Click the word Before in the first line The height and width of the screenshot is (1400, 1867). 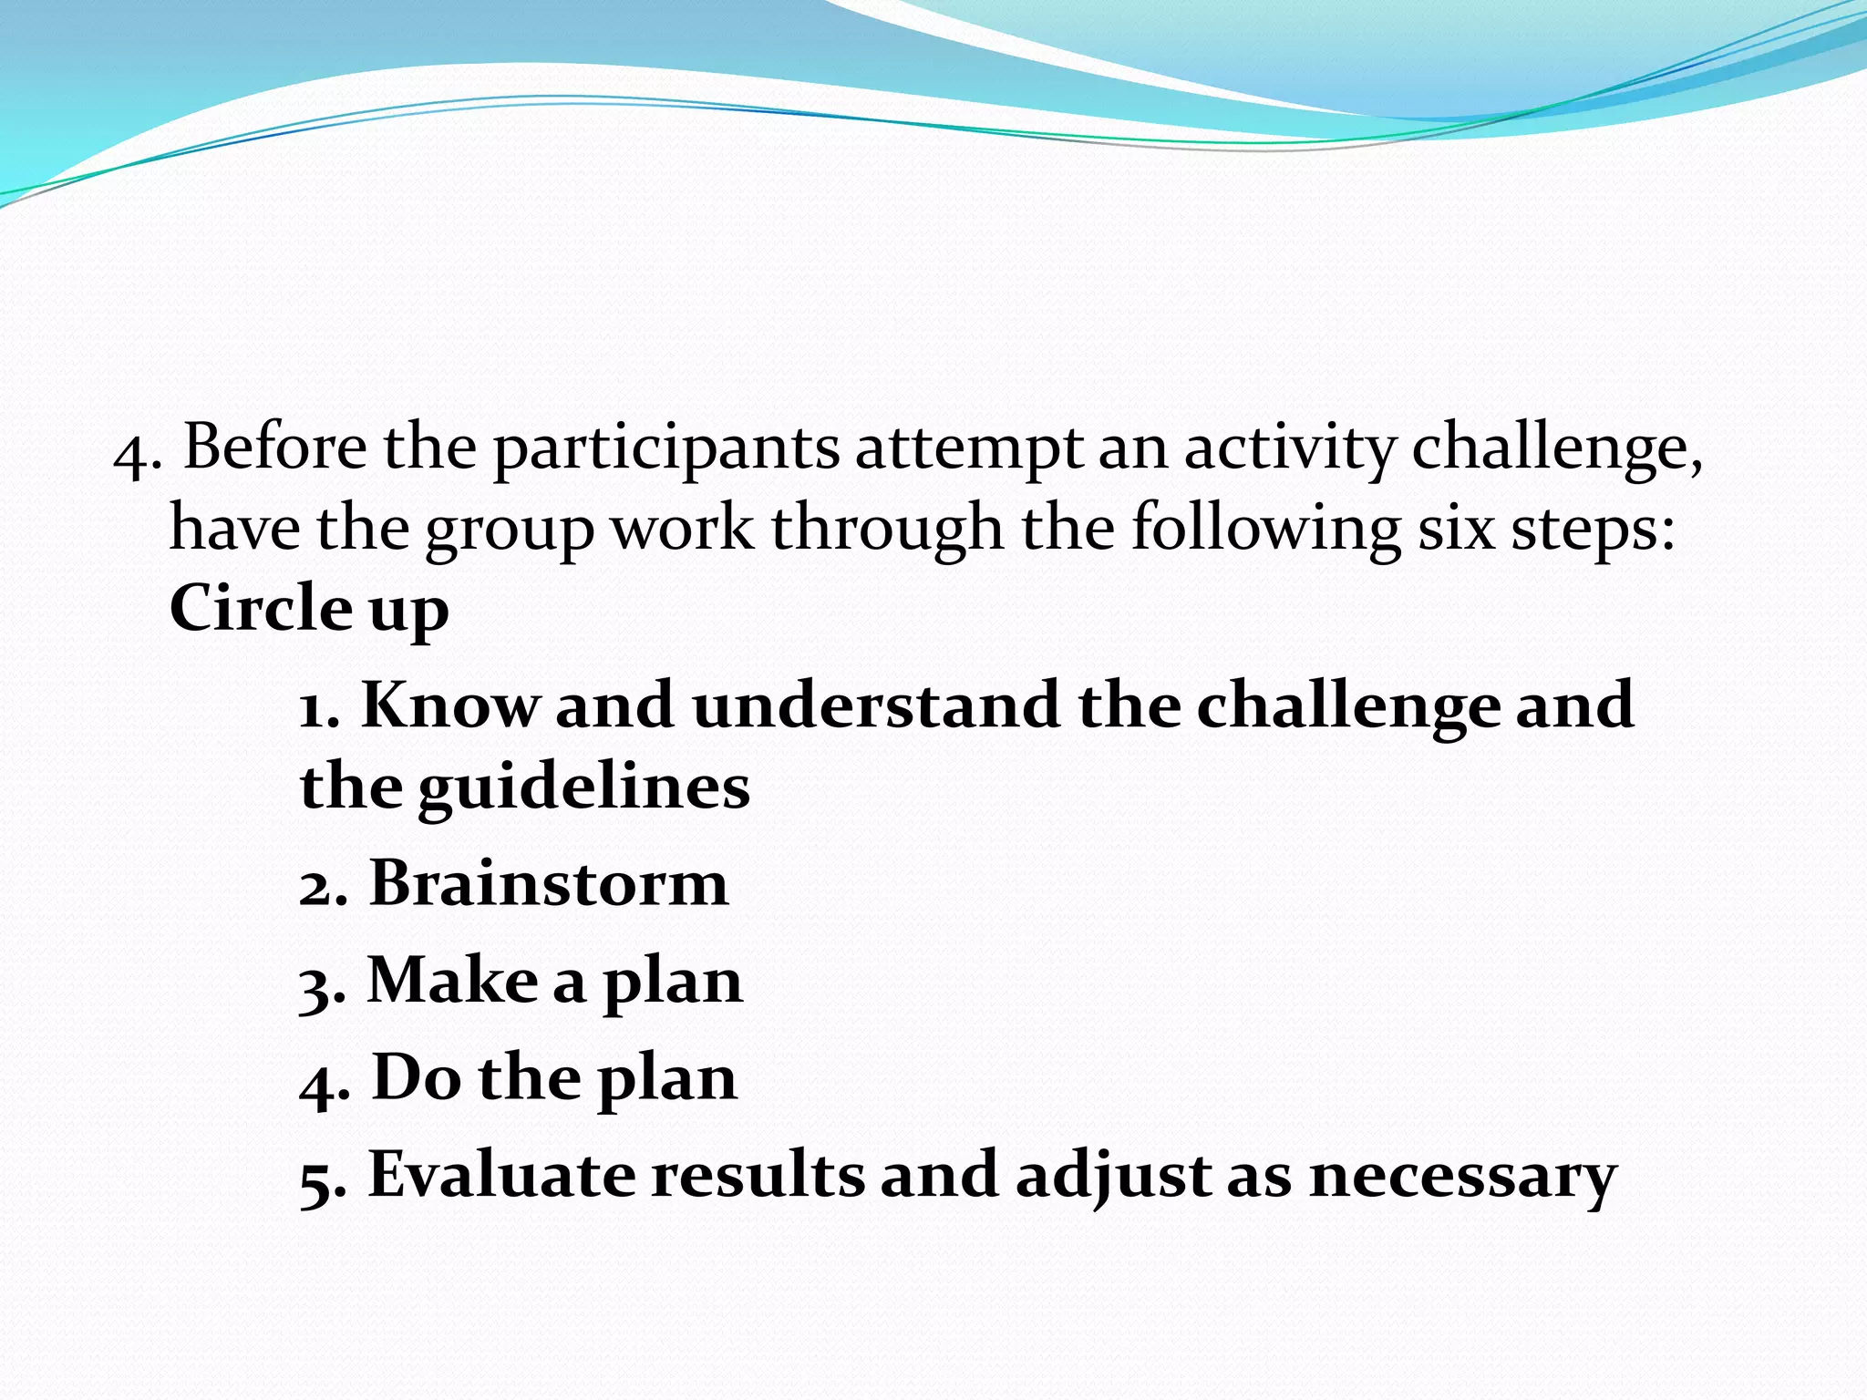[x=275, y=448]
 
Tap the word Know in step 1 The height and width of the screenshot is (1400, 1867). [x=450, y=705]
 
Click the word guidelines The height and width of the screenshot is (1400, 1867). [x=583, y=787]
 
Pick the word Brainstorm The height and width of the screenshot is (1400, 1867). [x=549, y=884]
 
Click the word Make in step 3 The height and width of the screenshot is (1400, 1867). [x=452, y=982]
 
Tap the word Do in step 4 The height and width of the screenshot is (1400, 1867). [x=417, y=1078]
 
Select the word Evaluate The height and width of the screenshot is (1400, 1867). [x=501, y=1175]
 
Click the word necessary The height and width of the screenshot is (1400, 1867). [x=1462, y=1177]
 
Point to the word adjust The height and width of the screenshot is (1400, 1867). [x=1112, y=1177]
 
